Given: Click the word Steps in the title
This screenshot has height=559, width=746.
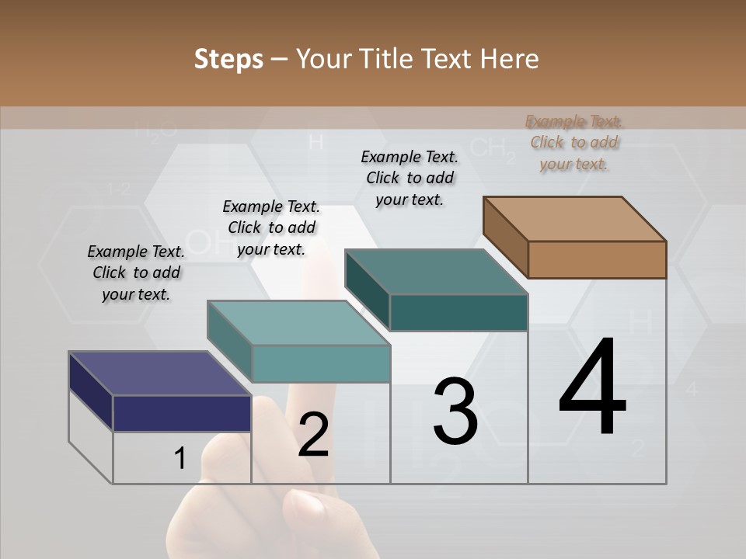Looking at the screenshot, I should tap(228, 59).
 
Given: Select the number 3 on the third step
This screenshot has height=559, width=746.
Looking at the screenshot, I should tap(455, 411).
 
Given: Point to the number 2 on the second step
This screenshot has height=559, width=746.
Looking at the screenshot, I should tap(313, 435).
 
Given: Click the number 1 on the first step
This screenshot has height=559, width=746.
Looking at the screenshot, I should tap(180, 459).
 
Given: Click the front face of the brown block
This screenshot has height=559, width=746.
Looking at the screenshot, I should tap(597, 259).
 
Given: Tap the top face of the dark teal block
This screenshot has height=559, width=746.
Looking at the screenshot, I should tap(437, 272).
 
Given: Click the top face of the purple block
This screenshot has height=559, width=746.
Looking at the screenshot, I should tap(160, 373).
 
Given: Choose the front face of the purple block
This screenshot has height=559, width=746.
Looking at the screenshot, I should tap(182, 413).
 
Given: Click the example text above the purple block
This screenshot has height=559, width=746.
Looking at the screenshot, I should tap(136, 273).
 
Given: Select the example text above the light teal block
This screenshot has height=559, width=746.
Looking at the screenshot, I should tap(271, 227).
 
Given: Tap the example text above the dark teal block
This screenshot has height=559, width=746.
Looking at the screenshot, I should tap(410, 178).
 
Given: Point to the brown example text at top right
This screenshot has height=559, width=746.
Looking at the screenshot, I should tap(574, 142).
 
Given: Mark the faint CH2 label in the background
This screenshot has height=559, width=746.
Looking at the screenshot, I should tap(492, 148).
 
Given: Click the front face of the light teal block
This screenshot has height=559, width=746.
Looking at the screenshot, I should tap(321, 363).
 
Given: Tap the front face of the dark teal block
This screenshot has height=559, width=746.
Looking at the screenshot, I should tap(458, 312).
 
